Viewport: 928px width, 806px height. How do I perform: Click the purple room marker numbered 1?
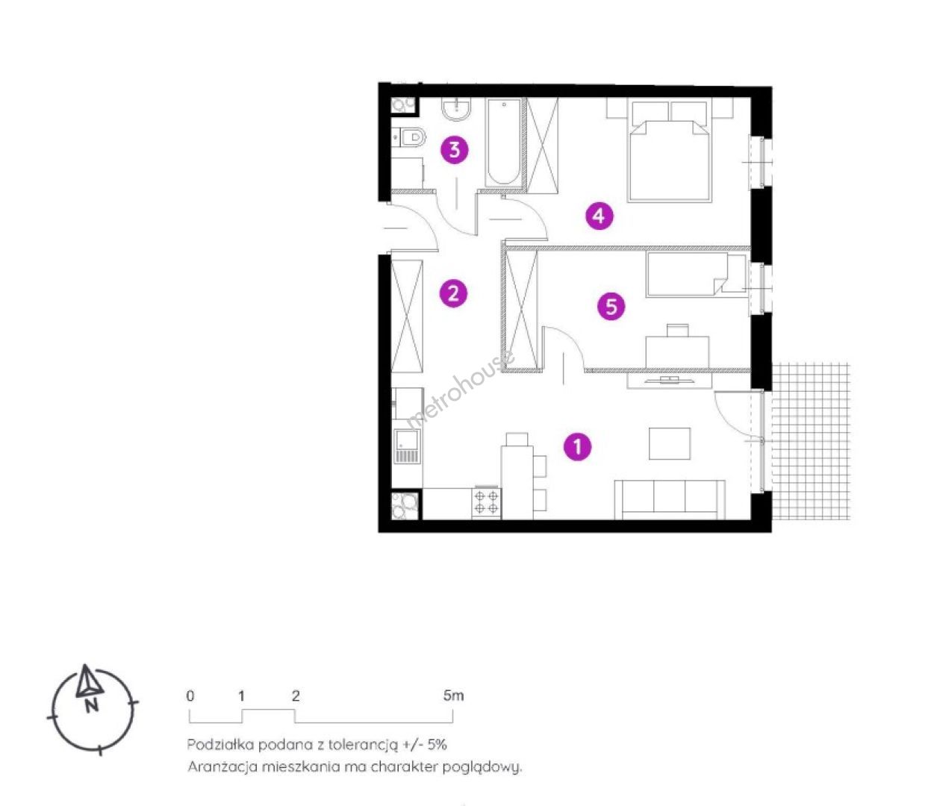(577, 447)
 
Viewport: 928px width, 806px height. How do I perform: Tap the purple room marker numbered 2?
(453, 293)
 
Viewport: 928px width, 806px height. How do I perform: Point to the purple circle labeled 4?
(600, 216)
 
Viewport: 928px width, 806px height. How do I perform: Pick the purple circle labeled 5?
(611, 307)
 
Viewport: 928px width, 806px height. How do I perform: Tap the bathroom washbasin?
(457, 109)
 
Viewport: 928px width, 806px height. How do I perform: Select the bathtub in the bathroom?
(505, 143)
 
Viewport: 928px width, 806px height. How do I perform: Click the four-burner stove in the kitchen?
(486, 502)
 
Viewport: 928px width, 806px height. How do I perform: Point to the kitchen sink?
(407, 446)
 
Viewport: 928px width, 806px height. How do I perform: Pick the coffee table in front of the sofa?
(670, 443)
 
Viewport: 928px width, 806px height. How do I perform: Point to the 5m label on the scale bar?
(453, 695)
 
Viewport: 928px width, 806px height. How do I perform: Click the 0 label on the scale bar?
(190, 696)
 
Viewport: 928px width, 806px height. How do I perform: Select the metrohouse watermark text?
(460, 391)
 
